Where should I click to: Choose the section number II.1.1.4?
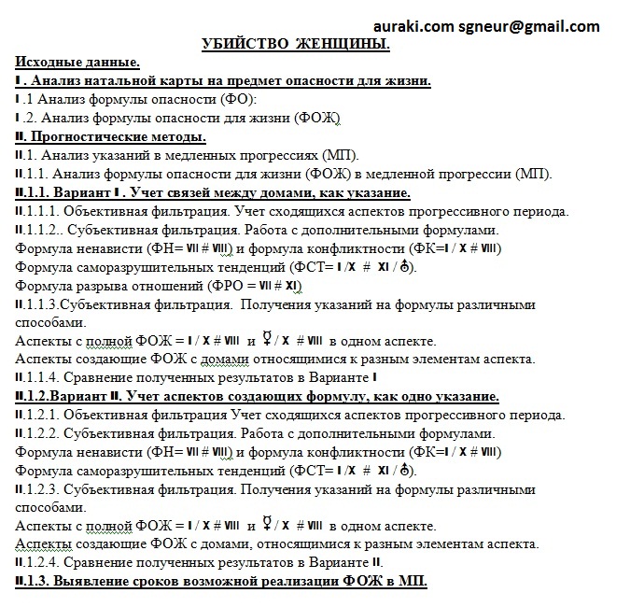(x=43, y=377)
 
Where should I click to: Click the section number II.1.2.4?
(x=43, y=562)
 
